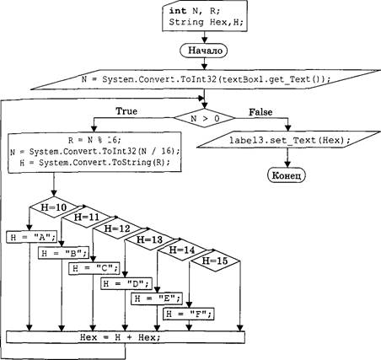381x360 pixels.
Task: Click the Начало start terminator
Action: click(x=205, y=51)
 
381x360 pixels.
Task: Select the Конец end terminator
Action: click(x=287, y=175)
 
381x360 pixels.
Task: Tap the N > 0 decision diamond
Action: click(x=204, y=118)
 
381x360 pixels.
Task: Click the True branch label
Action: click(x=126, y=111)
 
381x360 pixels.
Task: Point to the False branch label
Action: click(x=260, y=112)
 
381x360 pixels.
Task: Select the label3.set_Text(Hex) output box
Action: click(x=289, y=140)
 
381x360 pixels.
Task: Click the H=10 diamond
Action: click(x=54, y=207)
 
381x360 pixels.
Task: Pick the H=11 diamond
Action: click(x=86, y=218)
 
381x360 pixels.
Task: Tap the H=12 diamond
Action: click(x=117, y=228)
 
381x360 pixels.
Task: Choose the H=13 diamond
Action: click(x=149, y=239)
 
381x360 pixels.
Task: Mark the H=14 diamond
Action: click(x=182, y=250)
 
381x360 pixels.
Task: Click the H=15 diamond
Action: click(x=215, y=261)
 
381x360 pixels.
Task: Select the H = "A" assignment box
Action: click(x=32, y=237)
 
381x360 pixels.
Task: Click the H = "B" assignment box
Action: click(x=64, y=253)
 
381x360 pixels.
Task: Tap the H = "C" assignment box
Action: click(x=94, y=268)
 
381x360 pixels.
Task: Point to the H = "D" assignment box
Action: click(x=126, y=283)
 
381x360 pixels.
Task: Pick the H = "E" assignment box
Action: click(x=157, y=298)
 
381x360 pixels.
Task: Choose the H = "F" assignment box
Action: click(x=189, y=314)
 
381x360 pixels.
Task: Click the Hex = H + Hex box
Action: click(x=126, y=337)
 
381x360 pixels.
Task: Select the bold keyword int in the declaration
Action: click(x=178, y=11)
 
